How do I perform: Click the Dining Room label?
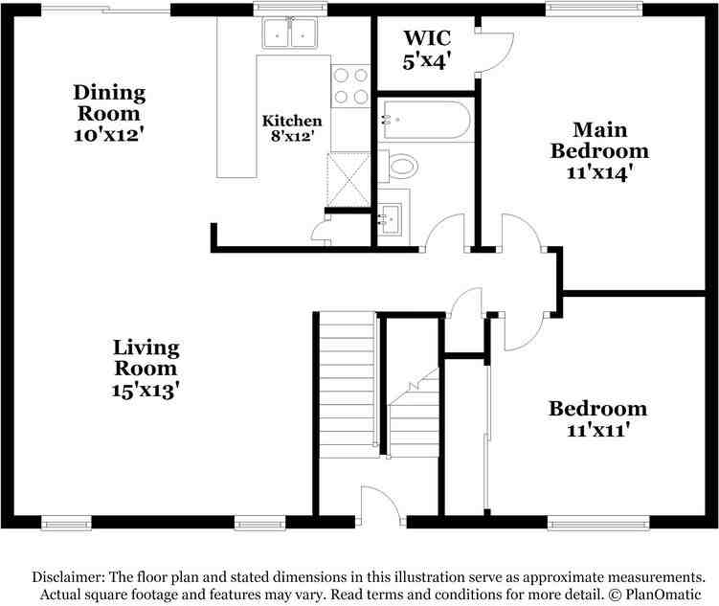pos(109,102)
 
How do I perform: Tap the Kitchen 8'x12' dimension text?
pos(292,136)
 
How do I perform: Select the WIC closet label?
pos(427,38)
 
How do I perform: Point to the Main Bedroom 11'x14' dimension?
pos(599,172)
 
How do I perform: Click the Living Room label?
pos(146,357)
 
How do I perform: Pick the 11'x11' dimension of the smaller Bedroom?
pos(597,431)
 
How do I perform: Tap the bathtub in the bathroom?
pos(426,120)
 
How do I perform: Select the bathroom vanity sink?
pos(390,219)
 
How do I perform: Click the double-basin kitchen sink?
pos(289,33)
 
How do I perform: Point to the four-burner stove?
pos(350,86)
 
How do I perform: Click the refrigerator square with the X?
pos(348,179)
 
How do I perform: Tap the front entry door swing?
pos(380,505)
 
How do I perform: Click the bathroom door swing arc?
pos(444,233)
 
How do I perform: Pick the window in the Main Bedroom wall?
pos(594,10)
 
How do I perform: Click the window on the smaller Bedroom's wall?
pos(598,523)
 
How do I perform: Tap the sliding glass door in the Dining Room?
pos(106,10)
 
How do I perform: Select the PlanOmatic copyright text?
pos(655,595)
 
